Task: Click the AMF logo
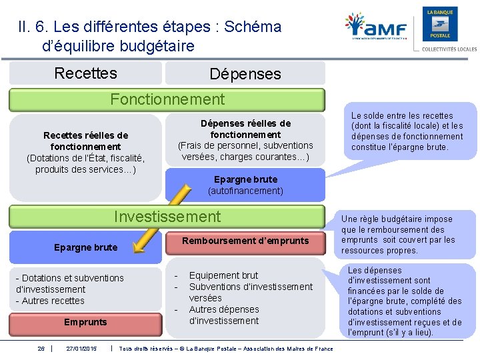[x=376, y=28]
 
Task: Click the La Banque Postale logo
[x=440, y=25]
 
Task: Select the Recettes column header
[x=85, y=73]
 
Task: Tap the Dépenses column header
[x=245, y=74]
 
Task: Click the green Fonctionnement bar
[x=167, y=100]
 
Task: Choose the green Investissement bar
[x=167, y=217]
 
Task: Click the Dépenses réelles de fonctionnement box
[x=245, y=140]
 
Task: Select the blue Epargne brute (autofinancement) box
[x=245, y=185]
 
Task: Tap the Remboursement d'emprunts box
[x=245, y=241]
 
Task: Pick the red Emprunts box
[x=85, y=322]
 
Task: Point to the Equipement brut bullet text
[x=223, y=275]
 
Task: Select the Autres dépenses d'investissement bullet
[x=223, y=315]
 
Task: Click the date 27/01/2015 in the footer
[x=81, y=349]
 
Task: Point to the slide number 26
[x=41, y=349]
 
